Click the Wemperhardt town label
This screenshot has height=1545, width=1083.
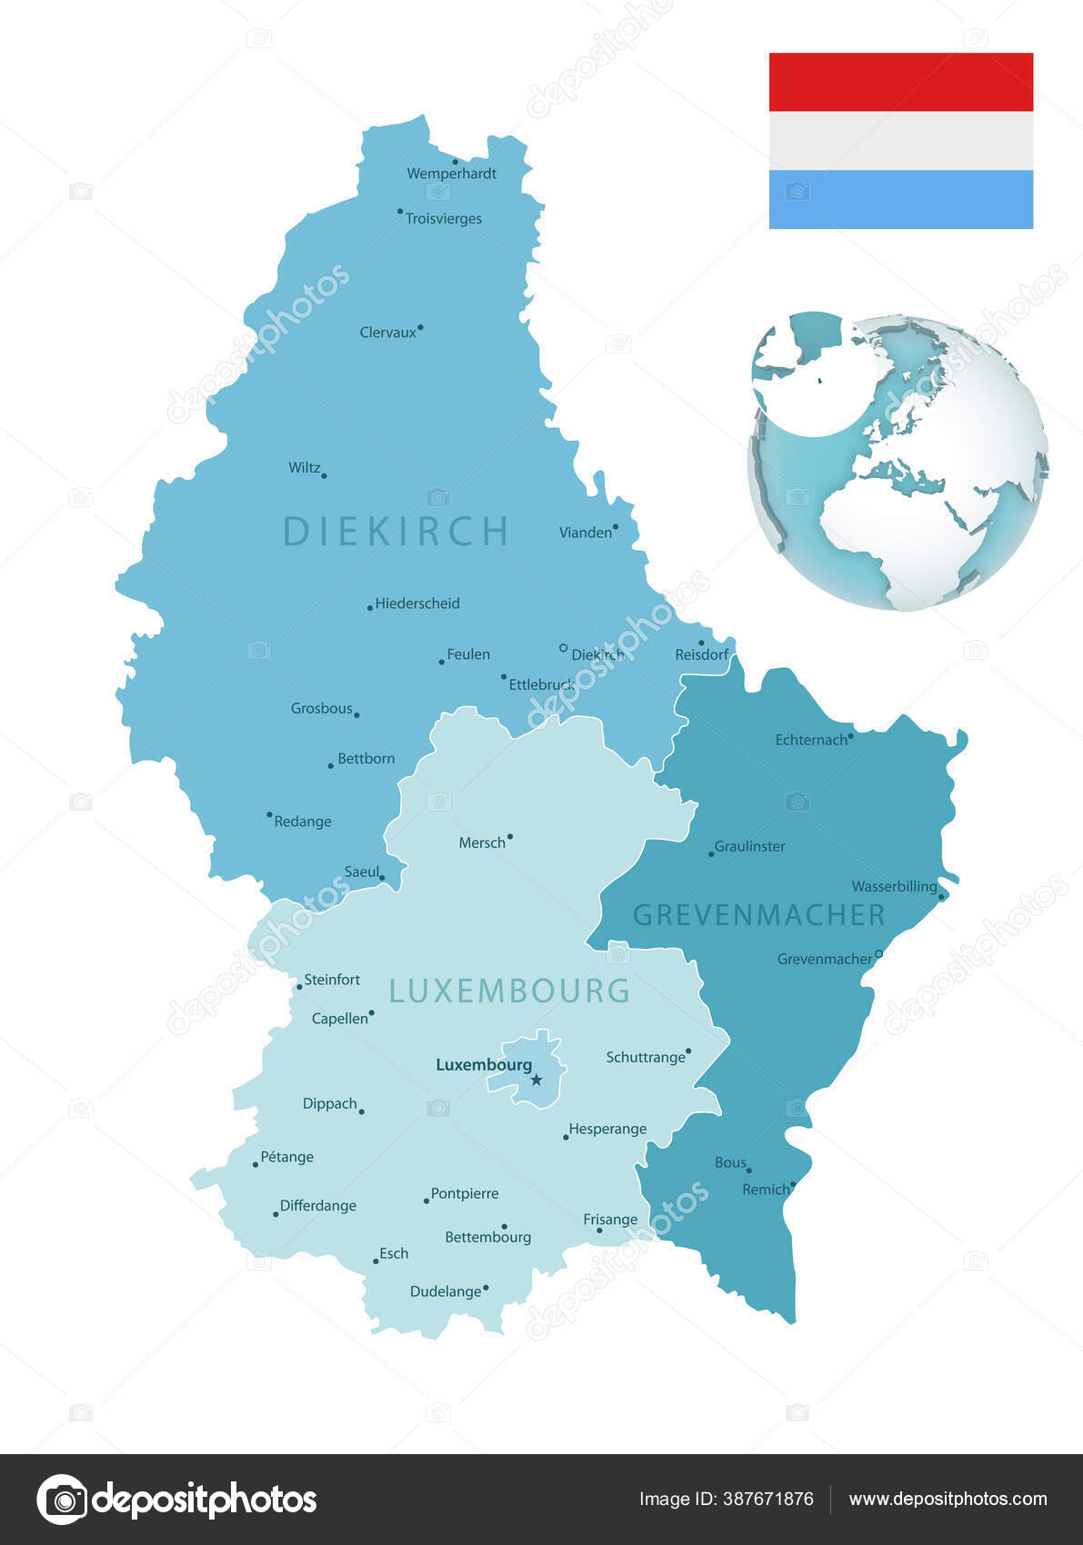pyautogui.click(x=451, y=174)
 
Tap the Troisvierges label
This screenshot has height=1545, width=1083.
pyautogui.click(x=443, y=219)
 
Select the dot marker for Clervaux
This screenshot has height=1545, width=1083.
pyautogui.click(x=420, y=327)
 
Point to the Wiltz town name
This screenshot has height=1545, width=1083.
pyautogui.click(x=304, y=468)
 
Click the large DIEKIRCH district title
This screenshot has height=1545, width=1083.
pyautogui.click(x=396, y=531)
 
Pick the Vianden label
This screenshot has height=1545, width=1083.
pyautogui.click(x=585, y=533)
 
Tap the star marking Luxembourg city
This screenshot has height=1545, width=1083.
pyautogui.click(x=536, y=1080)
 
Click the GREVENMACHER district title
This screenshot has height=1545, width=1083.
pyautogui.click(x=758, y=915)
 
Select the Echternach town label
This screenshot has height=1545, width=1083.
pyautogui.click(x=811, y=740)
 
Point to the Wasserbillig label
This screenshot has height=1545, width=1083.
pyautogui.click(x=894, y=886)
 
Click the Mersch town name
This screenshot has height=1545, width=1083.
pyautogui.click(x=482, y=842)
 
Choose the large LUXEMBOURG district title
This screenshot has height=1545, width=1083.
pyautogui.click(x=509, y=991)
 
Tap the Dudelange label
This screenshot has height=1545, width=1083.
pyautogui.click(x=446, y=1291)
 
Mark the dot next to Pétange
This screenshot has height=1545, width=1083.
pyautogui.click(x=256, y=1164)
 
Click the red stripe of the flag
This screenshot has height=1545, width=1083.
pyautogui.click(x=900, y=82)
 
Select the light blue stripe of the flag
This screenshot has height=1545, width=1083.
pyautogui.click(x=900, y=199)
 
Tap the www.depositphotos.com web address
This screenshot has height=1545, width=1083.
pyautogui.click(x=948, y=1500)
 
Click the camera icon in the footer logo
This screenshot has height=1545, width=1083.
pyautogui.click(x=63, y=1500)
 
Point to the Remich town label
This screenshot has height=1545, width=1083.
pyautogui.click(x=766, y=1190)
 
